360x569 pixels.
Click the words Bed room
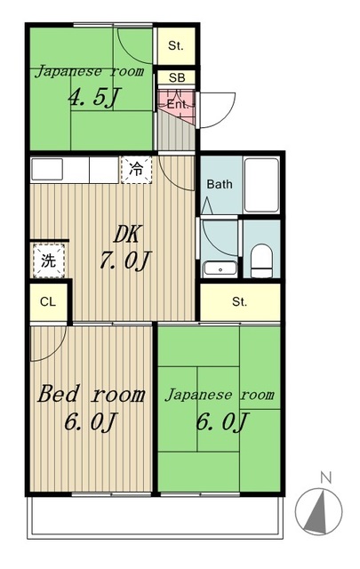(90, 393)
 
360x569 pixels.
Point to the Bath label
(220, 184)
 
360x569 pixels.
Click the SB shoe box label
(177, 77)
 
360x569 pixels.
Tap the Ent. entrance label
(177, 103)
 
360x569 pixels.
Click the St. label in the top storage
(177, 45)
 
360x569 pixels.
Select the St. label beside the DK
(240, 302)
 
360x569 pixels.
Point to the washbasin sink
(219, 268)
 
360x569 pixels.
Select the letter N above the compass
(325, 477)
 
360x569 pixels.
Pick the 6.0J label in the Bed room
(90, 421)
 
